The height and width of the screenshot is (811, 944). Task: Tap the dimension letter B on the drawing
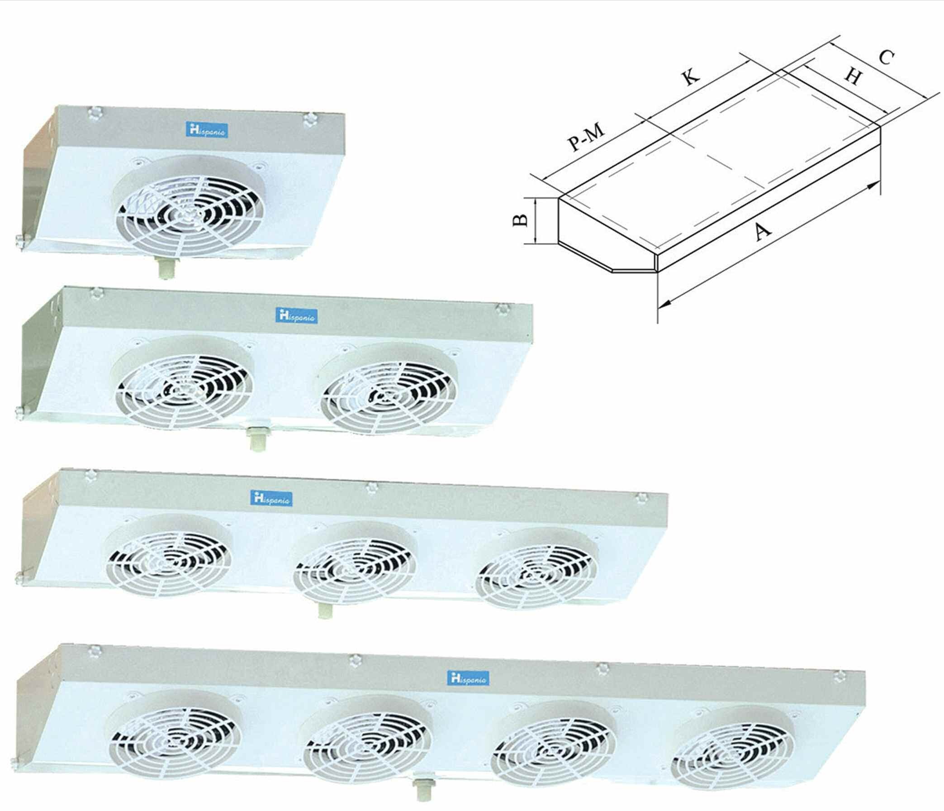coord(520,221)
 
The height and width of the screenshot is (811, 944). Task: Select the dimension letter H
coord(853,76)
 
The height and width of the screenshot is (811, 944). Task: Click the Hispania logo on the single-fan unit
coord(208,130)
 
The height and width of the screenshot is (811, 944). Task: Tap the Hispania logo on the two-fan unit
coord(297,315)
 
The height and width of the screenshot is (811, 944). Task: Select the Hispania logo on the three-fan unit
coord(271,498)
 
